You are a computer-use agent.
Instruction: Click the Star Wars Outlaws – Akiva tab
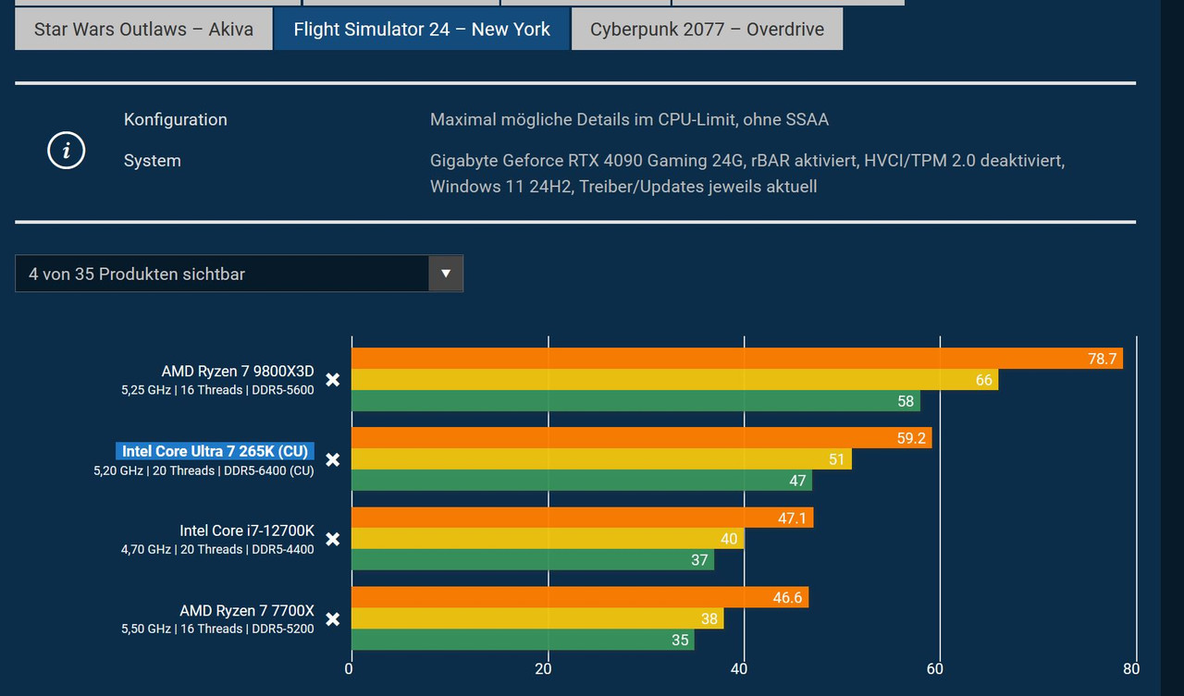[143, 30]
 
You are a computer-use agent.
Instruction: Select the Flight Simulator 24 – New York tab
[422, 30]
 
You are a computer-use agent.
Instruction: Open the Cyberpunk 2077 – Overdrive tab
[707, 30]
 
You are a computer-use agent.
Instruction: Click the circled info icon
[66, 150]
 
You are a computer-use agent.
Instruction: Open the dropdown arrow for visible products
[446, 274]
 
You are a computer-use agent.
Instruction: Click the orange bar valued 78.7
[736, 359]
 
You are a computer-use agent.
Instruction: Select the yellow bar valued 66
[674, 380]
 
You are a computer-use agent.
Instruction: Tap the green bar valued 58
[635, 401]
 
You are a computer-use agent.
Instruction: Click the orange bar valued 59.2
[641, 438]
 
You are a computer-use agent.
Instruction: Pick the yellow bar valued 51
[601, 459]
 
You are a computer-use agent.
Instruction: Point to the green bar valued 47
[581, 481]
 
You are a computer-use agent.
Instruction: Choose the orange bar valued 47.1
[582, 518]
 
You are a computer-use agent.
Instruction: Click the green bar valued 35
[523, 640]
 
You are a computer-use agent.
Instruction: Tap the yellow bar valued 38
[537, 618]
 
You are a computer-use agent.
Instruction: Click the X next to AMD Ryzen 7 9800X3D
[333, 380]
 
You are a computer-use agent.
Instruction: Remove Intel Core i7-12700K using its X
[333, 539]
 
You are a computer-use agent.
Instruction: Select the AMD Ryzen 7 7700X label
[247, 611]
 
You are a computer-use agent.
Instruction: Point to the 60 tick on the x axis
[935, 669]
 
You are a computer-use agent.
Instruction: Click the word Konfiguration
[175, 119]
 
